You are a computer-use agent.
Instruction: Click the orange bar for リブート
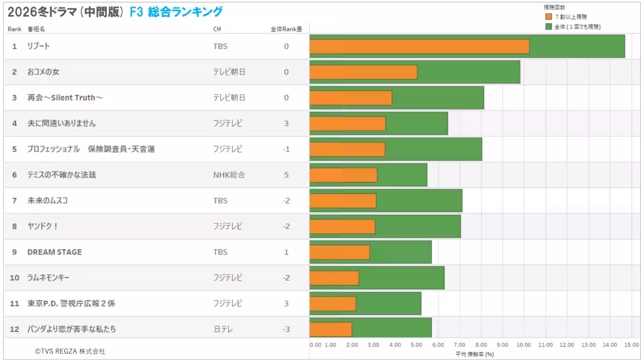419,46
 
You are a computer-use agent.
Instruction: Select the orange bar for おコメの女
363,72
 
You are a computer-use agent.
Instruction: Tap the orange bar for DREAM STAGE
340,252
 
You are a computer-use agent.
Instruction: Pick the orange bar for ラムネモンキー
334,278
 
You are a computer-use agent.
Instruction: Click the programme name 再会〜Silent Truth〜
65,98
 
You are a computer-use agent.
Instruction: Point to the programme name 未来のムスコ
48,200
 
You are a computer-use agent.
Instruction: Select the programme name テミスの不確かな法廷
61,175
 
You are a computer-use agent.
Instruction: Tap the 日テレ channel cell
222,329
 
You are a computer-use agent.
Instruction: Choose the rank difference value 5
286,175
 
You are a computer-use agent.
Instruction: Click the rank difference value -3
286,329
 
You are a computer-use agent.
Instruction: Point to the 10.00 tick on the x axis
524,345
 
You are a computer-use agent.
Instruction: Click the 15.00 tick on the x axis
631,345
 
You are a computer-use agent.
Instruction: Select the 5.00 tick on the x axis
417,345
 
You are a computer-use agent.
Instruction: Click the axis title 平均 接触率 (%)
474,354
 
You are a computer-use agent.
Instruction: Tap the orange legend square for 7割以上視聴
548,17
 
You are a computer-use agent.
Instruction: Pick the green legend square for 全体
548,26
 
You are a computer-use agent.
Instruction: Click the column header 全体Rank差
286,29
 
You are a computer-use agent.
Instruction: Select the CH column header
217,29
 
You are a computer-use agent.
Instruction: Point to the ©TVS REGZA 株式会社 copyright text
70,351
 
